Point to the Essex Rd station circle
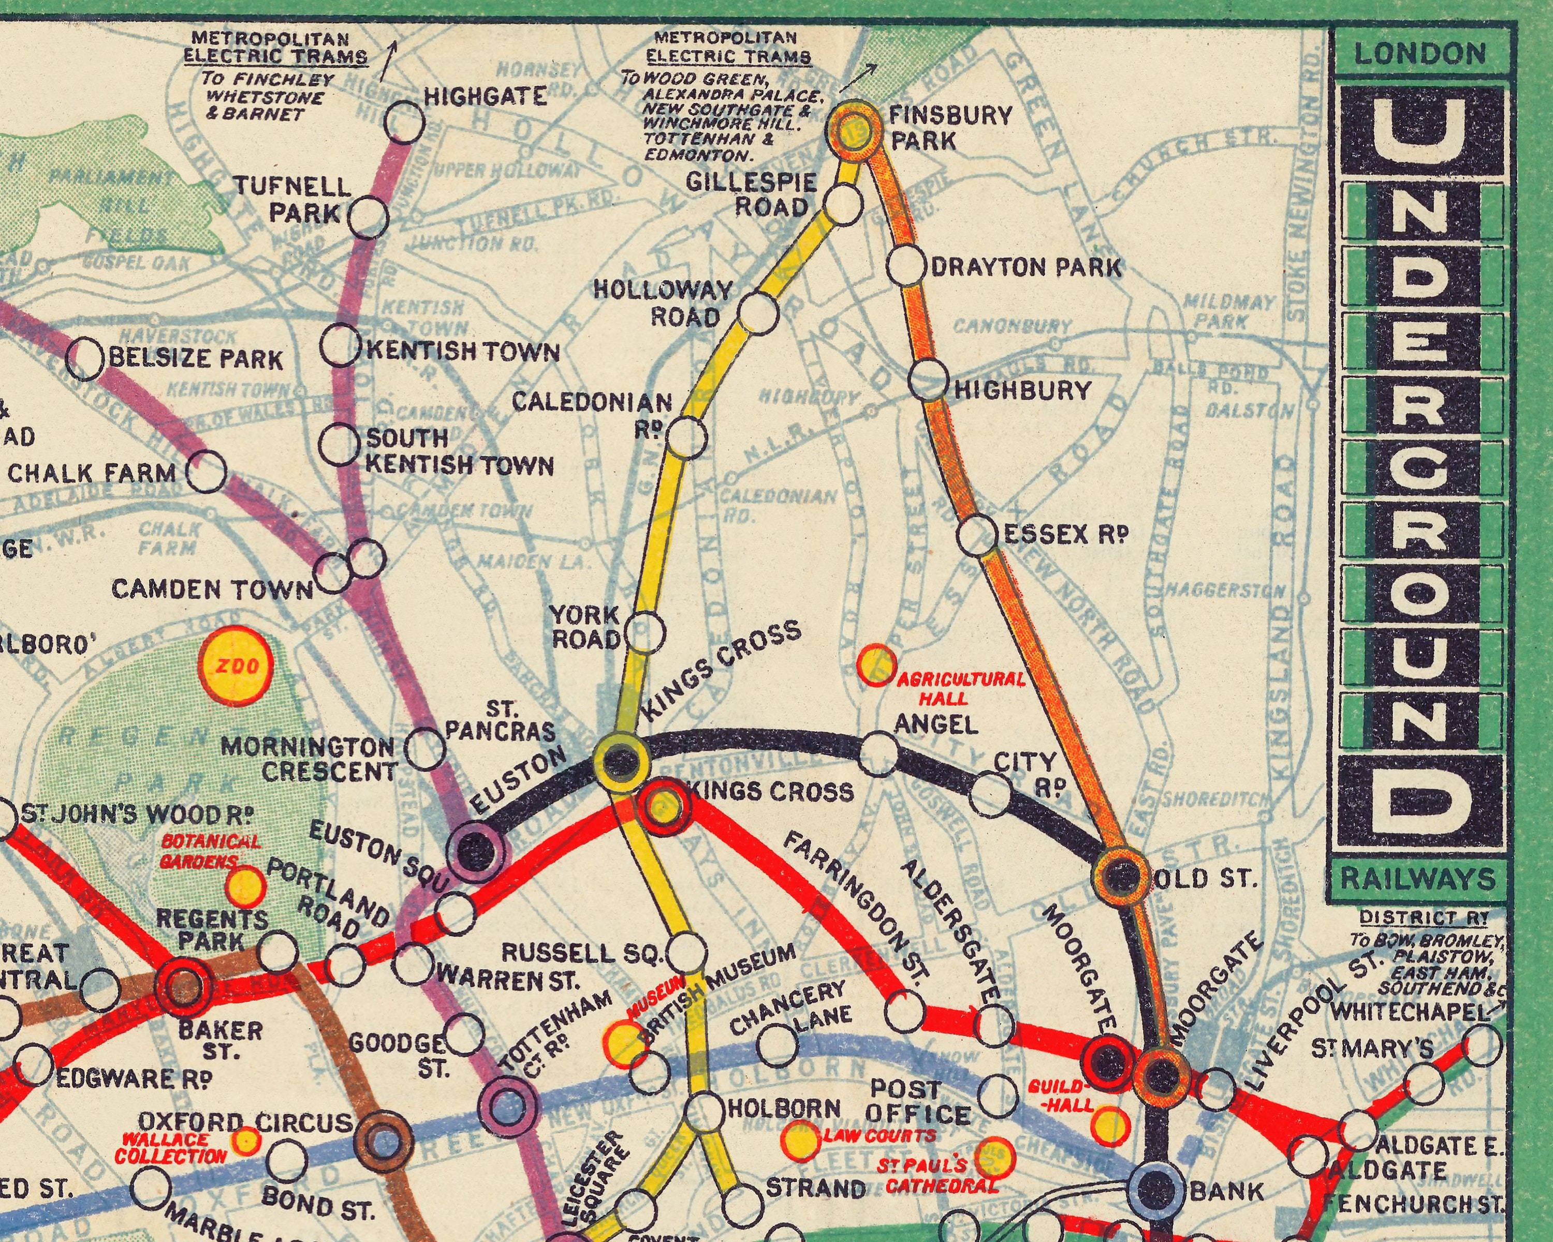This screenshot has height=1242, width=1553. point(977,536)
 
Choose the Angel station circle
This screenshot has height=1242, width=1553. point(880,754)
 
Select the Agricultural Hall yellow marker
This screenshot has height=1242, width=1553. point(876,664)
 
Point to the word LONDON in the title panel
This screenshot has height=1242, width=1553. point(1419,54)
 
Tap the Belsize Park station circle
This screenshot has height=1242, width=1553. point(85,358)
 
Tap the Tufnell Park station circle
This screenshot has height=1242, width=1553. point(368,217)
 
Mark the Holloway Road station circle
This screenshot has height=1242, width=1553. point(758,313)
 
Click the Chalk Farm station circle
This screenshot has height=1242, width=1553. point(207,471)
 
